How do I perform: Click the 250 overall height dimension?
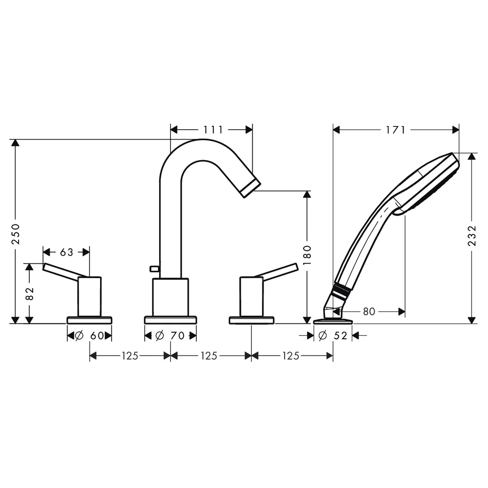pos(16,234)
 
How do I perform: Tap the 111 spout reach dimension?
pos(213,129)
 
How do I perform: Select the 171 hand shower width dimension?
pos(396,129)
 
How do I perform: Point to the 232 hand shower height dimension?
pos(472,236)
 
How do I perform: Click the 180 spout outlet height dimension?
pos(307,255)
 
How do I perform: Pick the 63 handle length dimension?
pos(66,252)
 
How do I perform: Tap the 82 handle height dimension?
pos(29,293)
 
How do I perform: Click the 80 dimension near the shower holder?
pos(369,311)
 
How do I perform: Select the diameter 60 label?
pos(90,336)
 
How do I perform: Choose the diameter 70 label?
pos(170,336)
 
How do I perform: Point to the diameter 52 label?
pos(333,336)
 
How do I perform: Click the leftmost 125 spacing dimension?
pos(130,355)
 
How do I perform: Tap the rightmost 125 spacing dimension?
pos(291,355)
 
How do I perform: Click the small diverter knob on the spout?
pos(154,268)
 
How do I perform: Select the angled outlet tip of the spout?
pos(251,188)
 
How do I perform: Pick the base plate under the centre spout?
pos(170,320)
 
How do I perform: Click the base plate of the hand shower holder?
pos(333,321)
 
